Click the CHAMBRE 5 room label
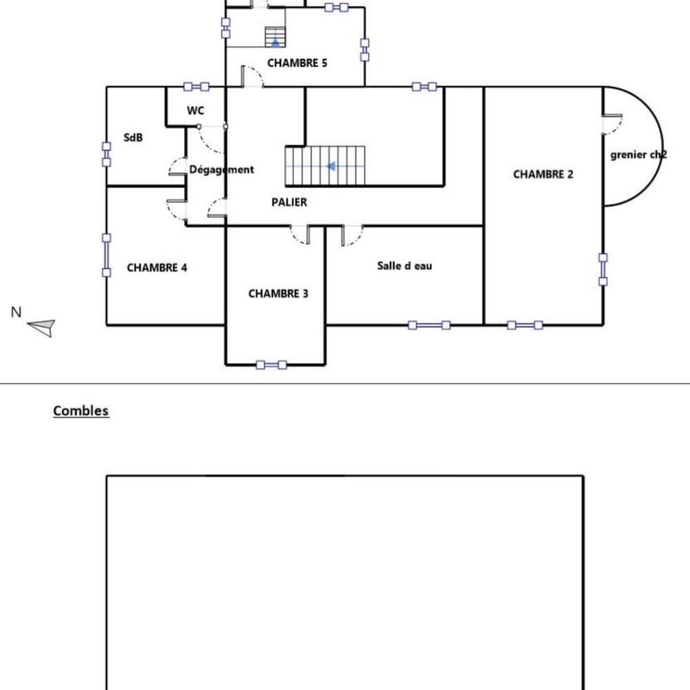(297, 63)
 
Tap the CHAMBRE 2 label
(543, 175)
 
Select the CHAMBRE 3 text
(278, 294)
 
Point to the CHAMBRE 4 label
(157, 268)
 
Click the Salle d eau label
(404, 266)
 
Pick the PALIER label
(289, 202)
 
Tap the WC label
(195, 111)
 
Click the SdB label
(133, 138)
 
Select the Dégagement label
(221, 169)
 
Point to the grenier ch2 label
(638, 155)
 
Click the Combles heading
(81, 411)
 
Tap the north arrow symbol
(42, 327)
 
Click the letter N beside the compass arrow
(16, 312)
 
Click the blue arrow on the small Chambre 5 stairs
(275, 42)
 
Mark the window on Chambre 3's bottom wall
(271, 364)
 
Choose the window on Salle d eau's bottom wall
(428, 325)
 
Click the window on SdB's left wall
(106, 154)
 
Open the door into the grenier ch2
(611, 124)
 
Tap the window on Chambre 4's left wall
(106, 255)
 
